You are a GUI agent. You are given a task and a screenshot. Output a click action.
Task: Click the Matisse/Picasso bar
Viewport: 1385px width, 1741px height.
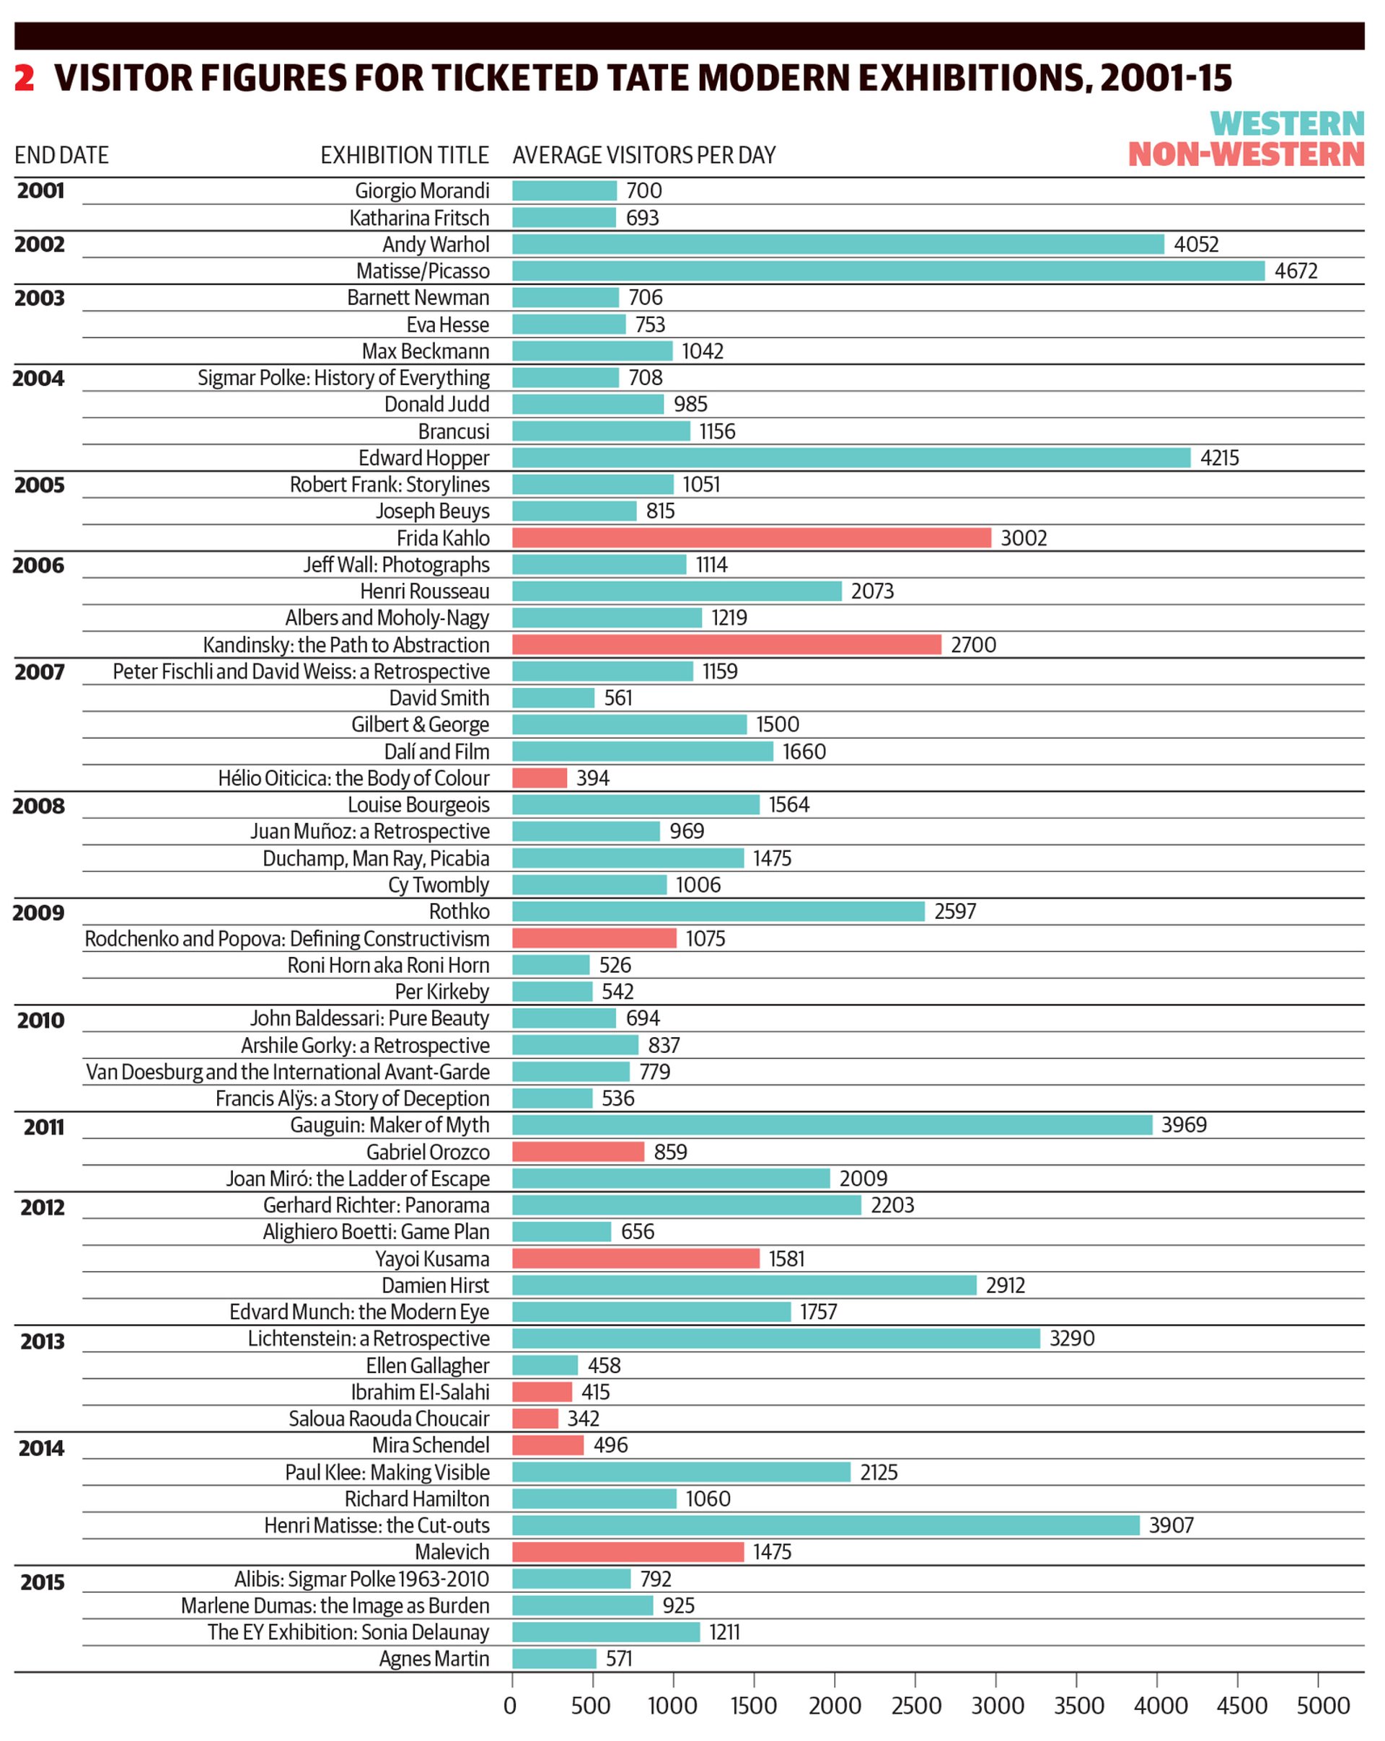click(887, 270)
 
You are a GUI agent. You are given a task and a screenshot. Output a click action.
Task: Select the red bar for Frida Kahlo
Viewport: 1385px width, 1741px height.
click(751, 538)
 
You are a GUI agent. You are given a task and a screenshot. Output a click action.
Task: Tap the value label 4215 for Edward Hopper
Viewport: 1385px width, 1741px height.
click(1218, 458)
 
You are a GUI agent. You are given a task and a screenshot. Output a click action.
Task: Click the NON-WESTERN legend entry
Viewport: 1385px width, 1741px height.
click(1245, 154)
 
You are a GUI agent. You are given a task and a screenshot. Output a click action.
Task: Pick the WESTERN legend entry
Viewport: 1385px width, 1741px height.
click(1286, 123)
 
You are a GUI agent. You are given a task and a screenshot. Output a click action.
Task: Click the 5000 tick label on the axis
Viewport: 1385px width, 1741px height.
click(1323, 1706)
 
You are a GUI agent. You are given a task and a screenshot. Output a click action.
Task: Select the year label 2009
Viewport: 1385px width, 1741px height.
click(39, 912)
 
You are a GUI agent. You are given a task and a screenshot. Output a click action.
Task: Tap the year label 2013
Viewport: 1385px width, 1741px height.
click(42, 1341)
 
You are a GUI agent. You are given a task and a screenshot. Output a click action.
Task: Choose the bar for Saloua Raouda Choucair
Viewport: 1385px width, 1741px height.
click(535, 1419)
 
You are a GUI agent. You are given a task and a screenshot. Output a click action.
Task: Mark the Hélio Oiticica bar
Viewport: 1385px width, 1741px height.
click(540, 777)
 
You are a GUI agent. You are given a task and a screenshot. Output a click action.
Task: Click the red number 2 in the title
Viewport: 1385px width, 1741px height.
click(25, 77)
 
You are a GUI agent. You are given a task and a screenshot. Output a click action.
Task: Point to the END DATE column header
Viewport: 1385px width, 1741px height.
click(61, 155)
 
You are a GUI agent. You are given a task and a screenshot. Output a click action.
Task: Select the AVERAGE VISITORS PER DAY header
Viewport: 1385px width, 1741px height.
click(643, 155)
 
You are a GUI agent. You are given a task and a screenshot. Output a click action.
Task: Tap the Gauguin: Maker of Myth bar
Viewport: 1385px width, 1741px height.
click(832, 1125)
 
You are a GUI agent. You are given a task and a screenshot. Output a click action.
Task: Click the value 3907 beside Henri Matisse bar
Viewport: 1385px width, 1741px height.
click(1170, 1525)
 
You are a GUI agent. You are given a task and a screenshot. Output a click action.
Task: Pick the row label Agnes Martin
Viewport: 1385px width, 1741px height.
click(434, 1659)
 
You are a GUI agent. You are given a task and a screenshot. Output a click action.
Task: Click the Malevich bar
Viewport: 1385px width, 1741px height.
click(628, 1552)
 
